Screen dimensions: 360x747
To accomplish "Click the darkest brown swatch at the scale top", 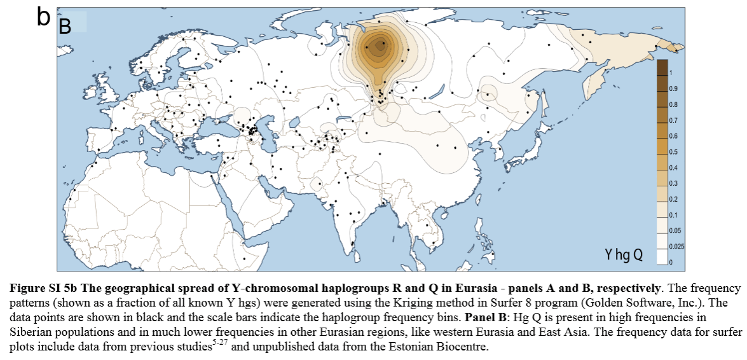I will [x=662, y=66].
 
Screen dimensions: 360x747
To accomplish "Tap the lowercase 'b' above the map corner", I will [x=43, y=17].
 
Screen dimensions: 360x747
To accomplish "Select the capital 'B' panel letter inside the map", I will [x=65, y=26].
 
